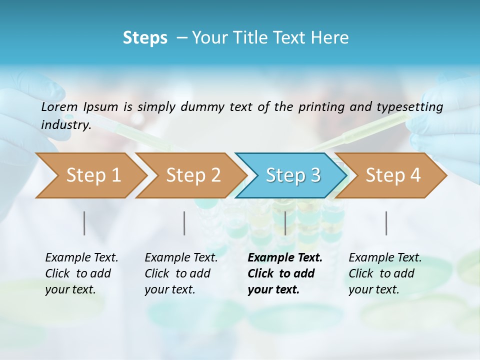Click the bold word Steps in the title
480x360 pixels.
(145, 38)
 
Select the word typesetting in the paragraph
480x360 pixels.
(414, 107)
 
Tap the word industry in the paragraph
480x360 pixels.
(66, 124)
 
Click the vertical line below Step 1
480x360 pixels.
(84, 223)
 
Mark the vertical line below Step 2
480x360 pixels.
(184, 223)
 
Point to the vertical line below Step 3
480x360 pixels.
(285, 223)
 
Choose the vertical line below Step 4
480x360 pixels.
(386, 223)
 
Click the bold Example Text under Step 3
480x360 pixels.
(285, 257)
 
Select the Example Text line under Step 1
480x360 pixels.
(81, 257)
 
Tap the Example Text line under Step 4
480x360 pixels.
(385, 257)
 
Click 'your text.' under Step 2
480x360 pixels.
(169, 289)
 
